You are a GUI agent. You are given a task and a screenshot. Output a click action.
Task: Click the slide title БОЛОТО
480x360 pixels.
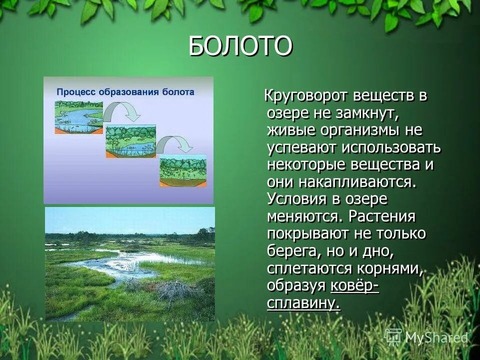pos(240,46)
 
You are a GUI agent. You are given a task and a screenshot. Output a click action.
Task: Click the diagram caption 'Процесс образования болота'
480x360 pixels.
pos(125,92)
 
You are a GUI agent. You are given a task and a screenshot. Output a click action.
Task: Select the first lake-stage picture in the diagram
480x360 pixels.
pos(78,117)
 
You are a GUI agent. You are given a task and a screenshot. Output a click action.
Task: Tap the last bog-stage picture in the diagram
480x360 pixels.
pos(182,170)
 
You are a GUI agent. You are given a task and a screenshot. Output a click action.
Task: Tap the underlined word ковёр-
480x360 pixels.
pos(354,285)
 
